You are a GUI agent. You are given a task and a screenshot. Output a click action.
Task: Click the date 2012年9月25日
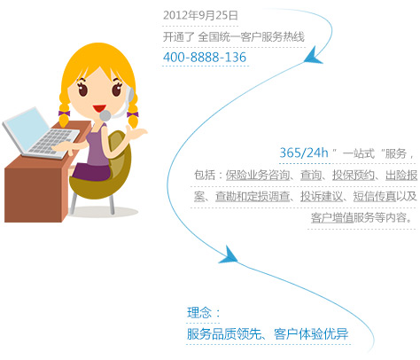click(200, 15)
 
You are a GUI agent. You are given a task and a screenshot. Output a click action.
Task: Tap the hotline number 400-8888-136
click(205, 57)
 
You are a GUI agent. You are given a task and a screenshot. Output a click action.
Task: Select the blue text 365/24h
click(304, 153)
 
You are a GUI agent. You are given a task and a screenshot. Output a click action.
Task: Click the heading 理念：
click(204, 313)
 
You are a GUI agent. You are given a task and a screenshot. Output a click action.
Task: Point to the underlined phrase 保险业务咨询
click(258, 175)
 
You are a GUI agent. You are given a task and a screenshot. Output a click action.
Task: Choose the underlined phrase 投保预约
click(354, 175)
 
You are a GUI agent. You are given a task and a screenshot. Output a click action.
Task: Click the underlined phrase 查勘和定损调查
click(253, 196)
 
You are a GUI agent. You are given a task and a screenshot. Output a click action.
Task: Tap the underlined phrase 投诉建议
click(322, 196)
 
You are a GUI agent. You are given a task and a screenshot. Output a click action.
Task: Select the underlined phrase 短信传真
click(375, 196)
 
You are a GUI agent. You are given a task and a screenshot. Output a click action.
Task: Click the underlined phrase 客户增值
click(332, 218)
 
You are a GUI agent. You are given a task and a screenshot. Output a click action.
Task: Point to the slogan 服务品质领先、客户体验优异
click(268, 334)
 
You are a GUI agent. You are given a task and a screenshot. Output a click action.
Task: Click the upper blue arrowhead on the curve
click(313, 57)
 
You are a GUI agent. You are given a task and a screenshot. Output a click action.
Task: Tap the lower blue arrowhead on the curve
click(229, 255)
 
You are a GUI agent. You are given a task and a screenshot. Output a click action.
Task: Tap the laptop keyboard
click(52, 142)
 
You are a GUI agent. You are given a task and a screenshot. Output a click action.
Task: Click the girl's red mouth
click(99, 108)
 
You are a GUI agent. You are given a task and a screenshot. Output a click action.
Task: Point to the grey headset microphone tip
click(105, 115)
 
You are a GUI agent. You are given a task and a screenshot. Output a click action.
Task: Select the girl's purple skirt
click(91, 172)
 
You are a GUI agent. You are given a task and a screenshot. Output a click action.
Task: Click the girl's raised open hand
click(136, 132)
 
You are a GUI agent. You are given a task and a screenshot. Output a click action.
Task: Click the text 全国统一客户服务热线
click(251, 37)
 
